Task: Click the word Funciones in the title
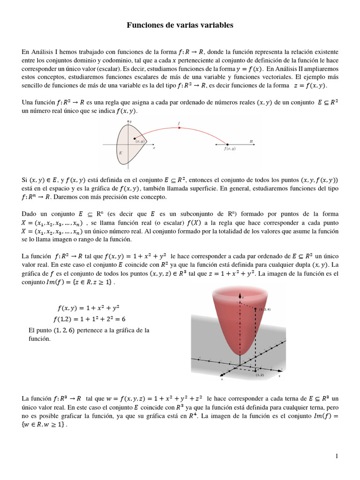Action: tap(143, 25)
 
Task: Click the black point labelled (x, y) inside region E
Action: tap(135, 138)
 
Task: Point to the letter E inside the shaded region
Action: tap(121, 153)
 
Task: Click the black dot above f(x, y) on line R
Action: tap(227, 144)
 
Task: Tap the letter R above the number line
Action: tap(251, 141)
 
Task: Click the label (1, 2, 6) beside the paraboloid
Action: tap(265, 310)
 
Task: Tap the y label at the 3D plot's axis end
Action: tap(279, 376)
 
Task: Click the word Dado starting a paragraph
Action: tap(30, 213)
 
